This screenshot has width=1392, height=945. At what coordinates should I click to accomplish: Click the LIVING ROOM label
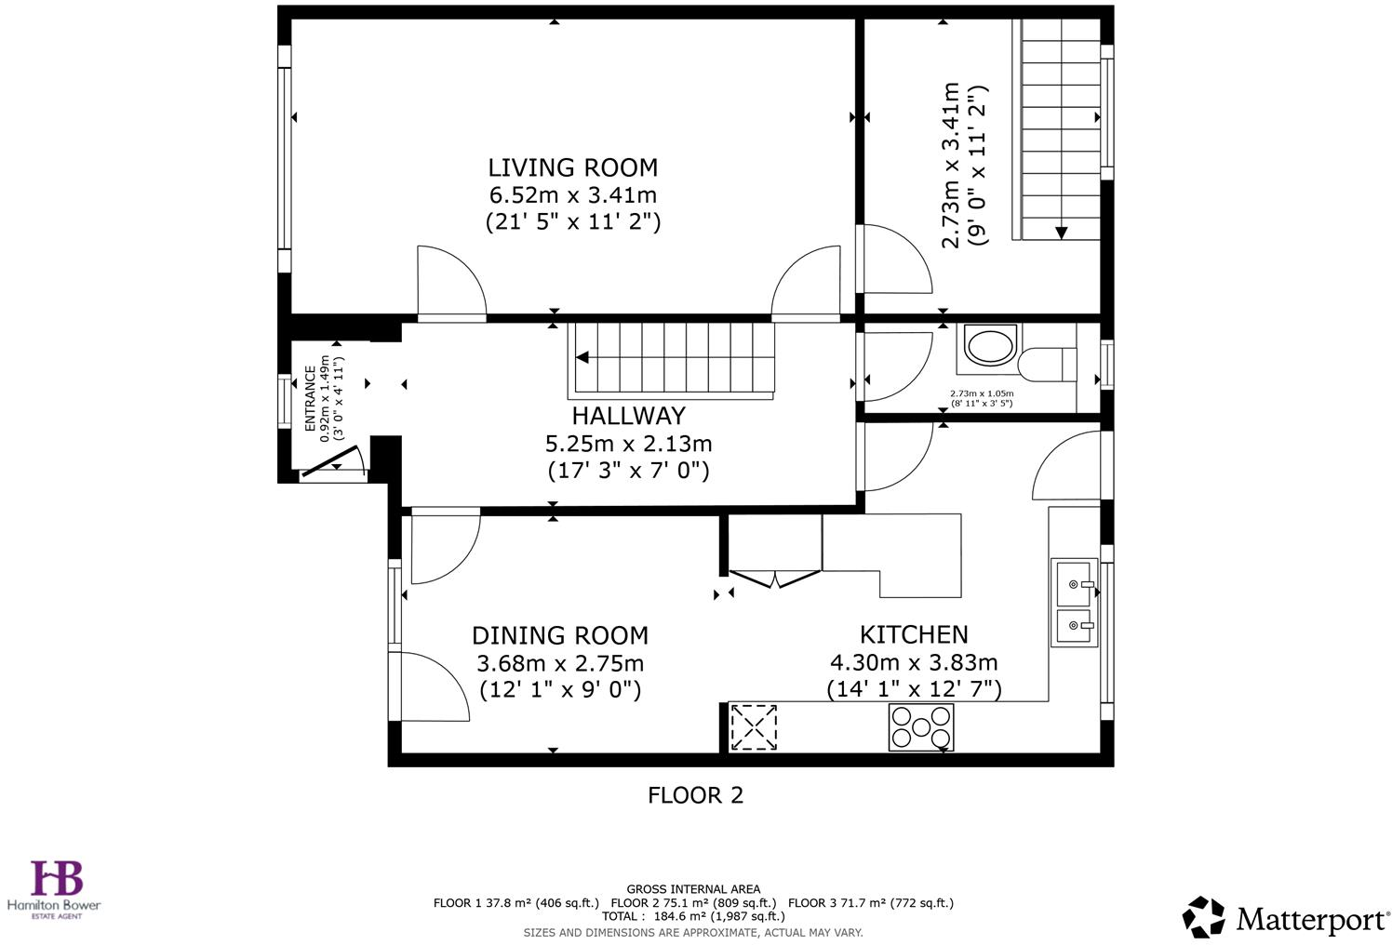tap(572, 167)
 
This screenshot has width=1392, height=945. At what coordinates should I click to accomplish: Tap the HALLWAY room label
tap(628, 416)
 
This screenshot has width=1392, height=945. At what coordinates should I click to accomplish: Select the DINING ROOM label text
tap(559, 635)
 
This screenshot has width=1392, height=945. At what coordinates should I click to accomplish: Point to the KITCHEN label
tap(913, 634)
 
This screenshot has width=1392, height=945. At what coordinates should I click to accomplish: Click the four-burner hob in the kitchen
tap(921, 727)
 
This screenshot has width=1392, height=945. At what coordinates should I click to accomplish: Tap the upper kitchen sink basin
tap(1075, 582)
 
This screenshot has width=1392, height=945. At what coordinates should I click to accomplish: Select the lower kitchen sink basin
tap(1075, 627)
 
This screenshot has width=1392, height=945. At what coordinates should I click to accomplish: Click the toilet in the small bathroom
tap(1047, 364)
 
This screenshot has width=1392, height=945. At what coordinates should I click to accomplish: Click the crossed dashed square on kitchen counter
tap(753, 727)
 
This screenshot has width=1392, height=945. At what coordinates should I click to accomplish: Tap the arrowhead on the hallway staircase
tap(582, 357)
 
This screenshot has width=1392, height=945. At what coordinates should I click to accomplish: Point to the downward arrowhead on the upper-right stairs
tap(1061, 233)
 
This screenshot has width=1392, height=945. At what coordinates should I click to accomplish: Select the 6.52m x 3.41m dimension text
tap(572, 195)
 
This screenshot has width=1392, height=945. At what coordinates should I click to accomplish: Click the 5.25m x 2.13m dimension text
tap(628, 444)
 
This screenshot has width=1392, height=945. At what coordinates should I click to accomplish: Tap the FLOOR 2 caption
tap(695, 795)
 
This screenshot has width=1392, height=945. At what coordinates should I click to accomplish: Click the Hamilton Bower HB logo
tap(57, 879)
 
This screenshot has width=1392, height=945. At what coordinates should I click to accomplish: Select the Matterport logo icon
tap(1203, 917)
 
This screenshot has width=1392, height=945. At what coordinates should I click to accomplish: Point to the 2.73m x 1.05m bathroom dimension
tap(981, 393)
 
